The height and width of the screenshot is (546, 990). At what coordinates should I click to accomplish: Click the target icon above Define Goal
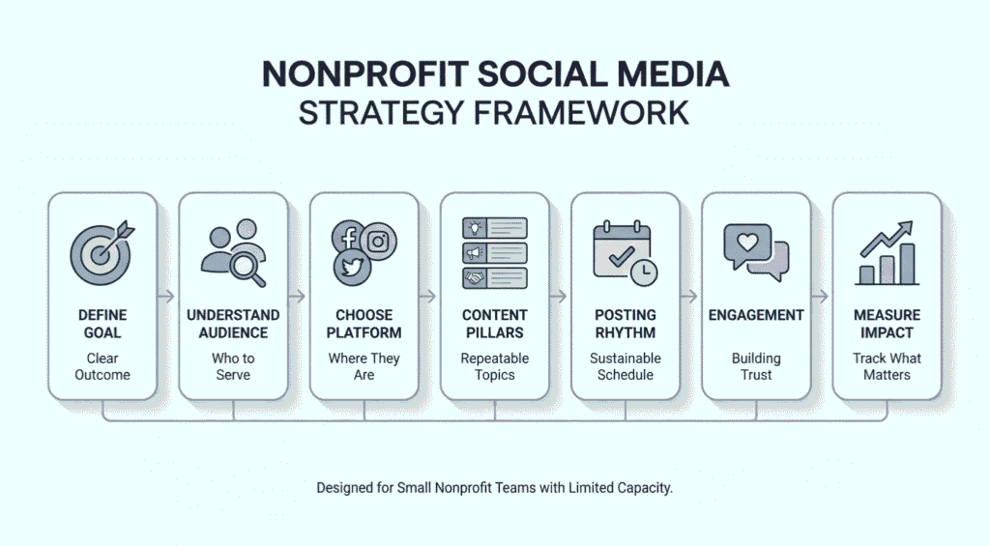pos(101,253)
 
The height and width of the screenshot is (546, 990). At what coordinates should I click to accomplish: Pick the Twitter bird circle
pos(353,268)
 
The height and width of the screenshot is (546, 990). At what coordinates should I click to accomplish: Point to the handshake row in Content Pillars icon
pos(494,277)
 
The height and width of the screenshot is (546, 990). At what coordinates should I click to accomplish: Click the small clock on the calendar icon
pos(642,273)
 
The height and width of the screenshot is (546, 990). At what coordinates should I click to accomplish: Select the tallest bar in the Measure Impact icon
pos(906,263)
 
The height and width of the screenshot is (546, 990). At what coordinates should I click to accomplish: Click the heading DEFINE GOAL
pos(102,324)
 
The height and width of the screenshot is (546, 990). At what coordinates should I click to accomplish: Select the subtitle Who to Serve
pos(233,366)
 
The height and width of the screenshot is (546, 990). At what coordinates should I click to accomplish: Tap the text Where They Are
pos(364,366)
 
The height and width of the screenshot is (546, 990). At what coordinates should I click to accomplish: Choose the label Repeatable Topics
pos(494,366)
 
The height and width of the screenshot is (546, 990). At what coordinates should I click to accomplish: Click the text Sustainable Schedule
pos(625,366)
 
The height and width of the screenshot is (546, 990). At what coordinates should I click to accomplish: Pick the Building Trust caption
pos(756,366)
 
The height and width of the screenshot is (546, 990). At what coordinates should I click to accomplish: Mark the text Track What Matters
pos(887,366)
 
